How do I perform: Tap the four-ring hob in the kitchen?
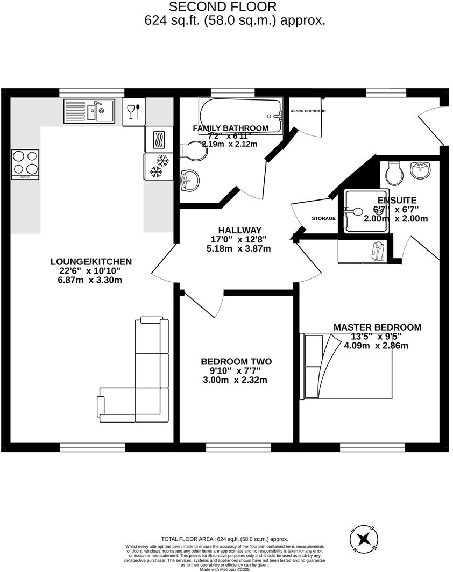point(25,165)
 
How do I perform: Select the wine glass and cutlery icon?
point(133,111)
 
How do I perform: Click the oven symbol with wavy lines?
point(159,140)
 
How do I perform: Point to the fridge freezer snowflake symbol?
point(158,166)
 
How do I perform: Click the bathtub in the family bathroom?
point(240,116)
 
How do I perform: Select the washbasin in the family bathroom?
point(189,180)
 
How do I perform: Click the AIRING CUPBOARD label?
point(308,111)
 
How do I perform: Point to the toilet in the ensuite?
point(393,171)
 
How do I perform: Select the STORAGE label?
point(323,218)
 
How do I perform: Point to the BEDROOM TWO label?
point(236,362)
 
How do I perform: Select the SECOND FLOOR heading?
point(223,6)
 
